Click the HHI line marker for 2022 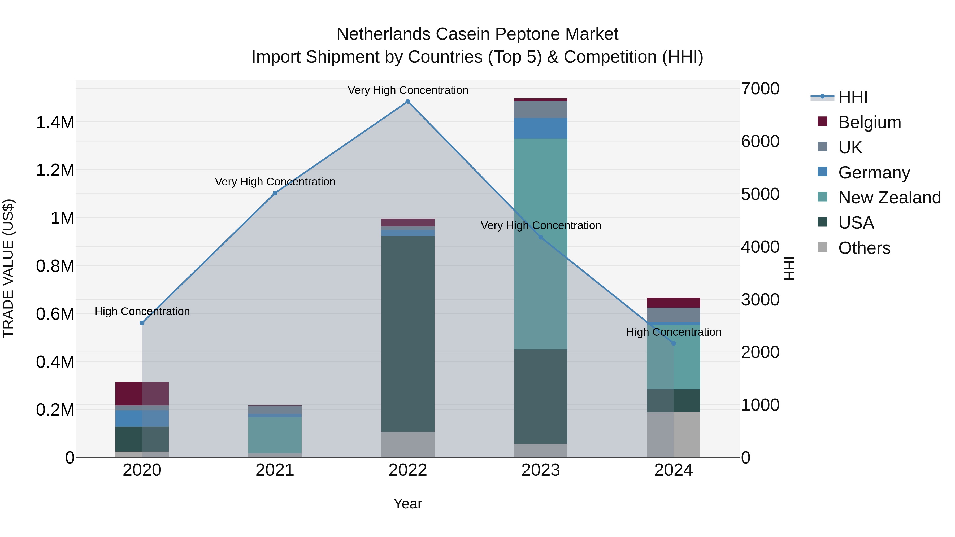[x=408, y=102]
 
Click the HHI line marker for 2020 [x=142, y=323]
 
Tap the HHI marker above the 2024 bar [x=674, y=343]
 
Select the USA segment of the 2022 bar [x=408, y=334]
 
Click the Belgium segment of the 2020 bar [x=142, y=393]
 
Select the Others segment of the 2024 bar [x=674, y=434]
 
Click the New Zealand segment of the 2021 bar [x=275, y=435]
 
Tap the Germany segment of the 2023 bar [x=541, y=128]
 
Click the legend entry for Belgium [x=869, y=122]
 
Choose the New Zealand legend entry [x=889, y=198]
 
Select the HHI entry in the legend [x=852, y=97]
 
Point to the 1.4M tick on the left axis [x=55, y=122]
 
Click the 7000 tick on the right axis [x=760, y=89]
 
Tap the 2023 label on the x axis [x=541, y=470]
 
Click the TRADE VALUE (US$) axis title [x=8, y=268]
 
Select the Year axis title [x=408, y=504]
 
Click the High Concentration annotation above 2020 [x=142, y=311]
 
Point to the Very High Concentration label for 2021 [x=275, y=182]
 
